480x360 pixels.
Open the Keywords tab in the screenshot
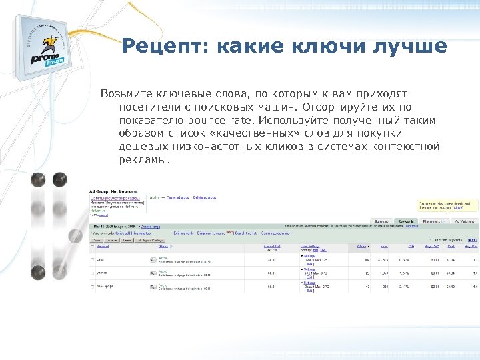405,221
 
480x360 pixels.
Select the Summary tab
381,221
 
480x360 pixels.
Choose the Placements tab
432,221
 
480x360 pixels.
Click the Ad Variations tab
463,221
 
